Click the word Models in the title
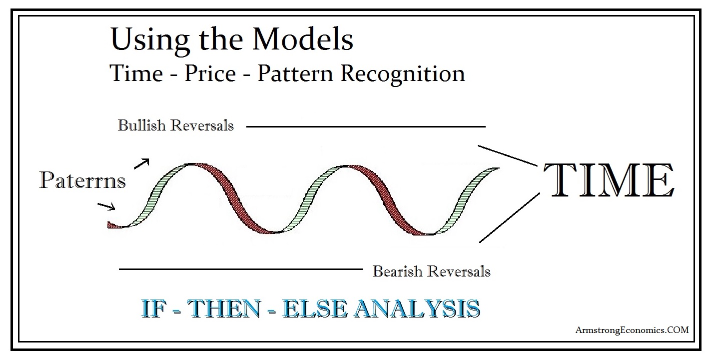pos(303,39)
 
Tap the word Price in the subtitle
pos(210,73)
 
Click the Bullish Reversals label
pos(175,125)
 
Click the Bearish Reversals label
pos(431,271)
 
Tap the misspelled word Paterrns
pos(82,180)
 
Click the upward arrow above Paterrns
pos(141,163)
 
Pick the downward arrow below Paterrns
pos(106,206)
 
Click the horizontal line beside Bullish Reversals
pos(366,126)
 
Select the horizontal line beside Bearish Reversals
pos(240,269)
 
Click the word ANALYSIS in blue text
pos(417,308)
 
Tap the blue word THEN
pos(224,308)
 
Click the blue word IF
pos(154,308)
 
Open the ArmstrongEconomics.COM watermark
pos(632,330)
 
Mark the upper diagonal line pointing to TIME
pos(508,155)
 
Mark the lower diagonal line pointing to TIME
pos(509,217)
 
